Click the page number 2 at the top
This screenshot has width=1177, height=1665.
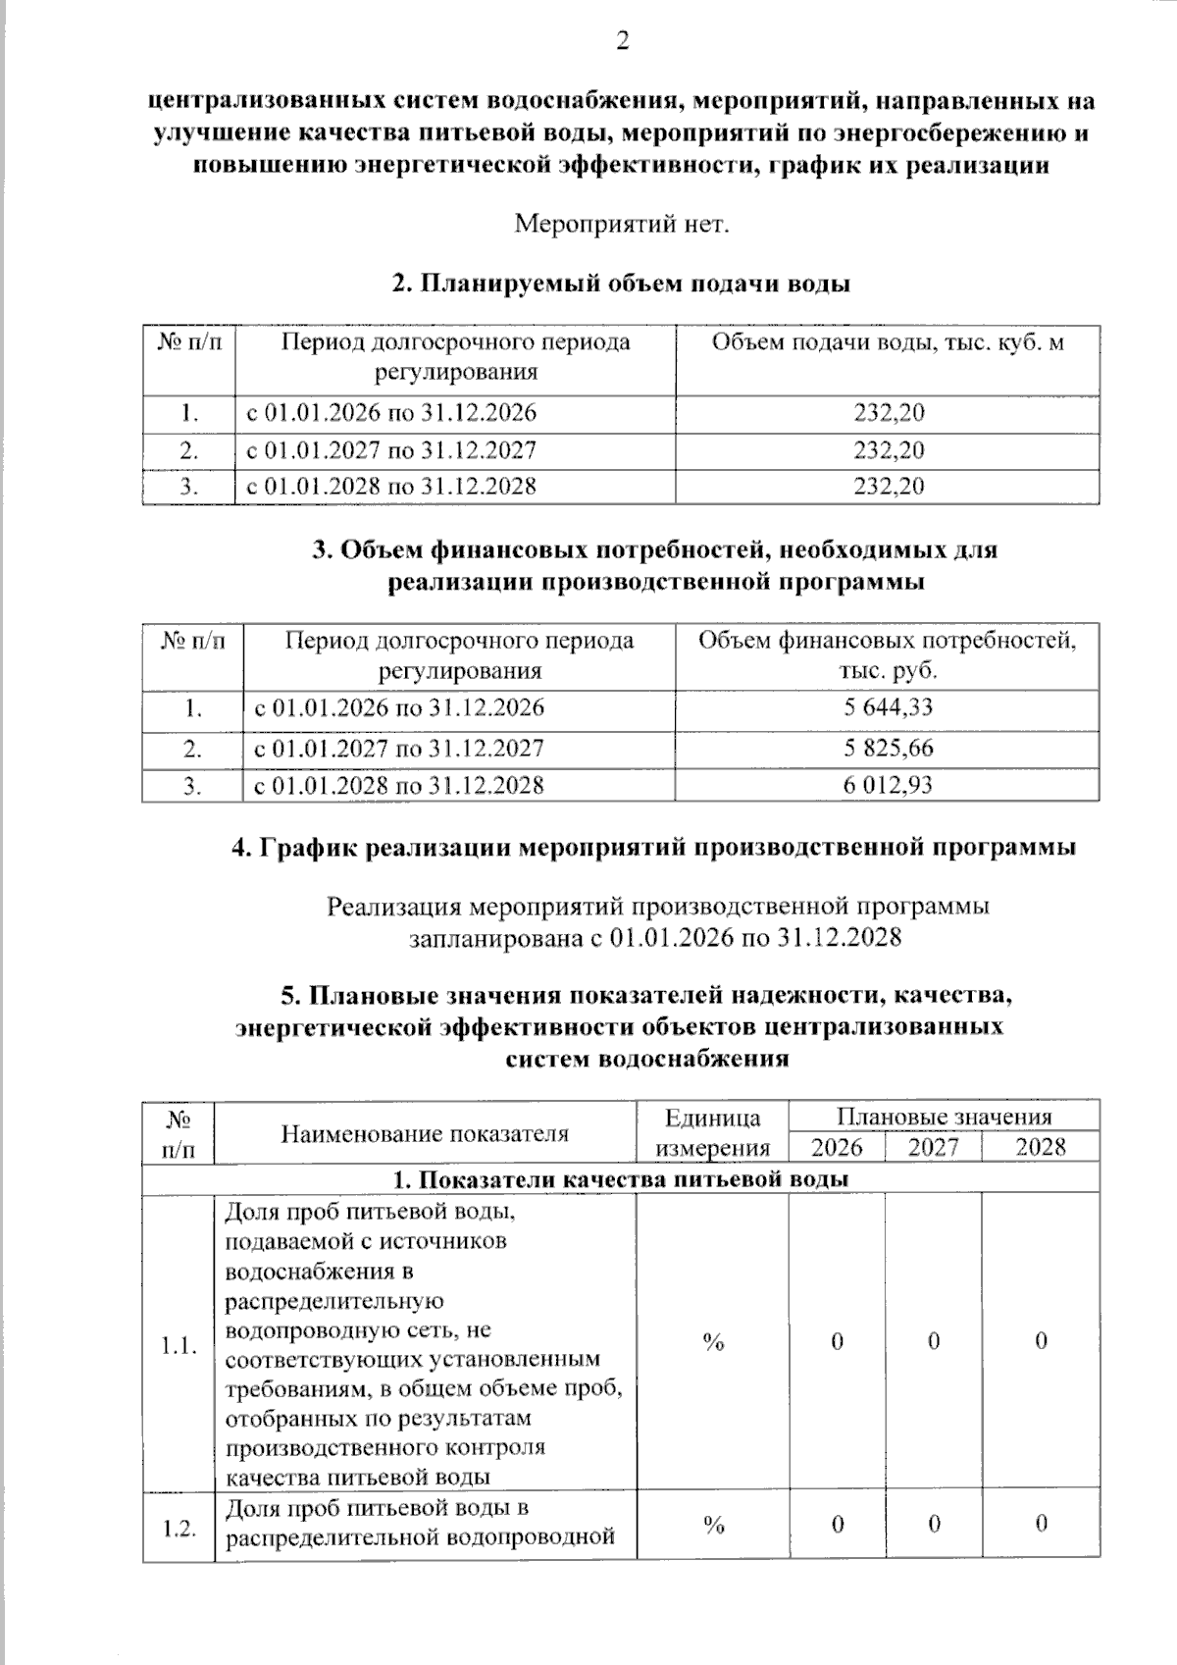click(620, 41)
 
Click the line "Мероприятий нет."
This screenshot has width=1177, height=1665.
click(622, 225)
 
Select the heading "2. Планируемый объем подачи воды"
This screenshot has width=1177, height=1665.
click(620, 285)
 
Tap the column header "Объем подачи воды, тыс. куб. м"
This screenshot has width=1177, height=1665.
click(887, 343)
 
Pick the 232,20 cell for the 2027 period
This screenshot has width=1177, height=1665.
click(888, 450)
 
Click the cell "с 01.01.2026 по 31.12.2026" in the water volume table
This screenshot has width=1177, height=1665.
click(391, 413)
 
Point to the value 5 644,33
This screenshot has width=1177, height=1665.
click(888, 707)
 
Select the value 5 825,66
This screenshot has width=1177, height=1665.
click(888, 749)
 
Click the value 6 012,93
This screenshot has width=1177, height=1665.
click(888, 785)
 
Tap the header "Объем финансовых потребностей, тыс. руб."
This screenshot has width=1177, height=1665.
click(887, 655)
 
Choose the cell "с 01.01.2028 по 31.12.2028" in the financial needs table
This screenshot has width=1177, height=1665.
click(399, 785)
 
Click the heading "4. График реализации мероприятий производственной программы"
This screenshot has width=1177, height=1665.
click(653, 848)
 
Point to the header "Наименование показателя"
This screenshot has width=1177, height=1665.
click(425, 1134)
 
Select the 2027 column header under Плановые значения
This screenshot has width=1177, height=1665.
click(933, 1148)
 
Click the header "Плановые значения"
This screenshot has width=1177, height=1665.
click(944, 1118)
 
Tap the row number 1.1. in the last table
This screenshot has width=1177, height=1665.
click(179, 1344)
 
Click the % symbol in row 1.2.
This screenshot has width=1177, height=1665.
click(713, 1524)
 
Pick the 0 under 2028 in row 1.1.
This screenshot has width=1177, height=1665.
click(1041, 1341)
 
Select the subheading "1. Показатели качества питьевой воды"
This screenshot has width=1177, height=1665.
click(620, 1179)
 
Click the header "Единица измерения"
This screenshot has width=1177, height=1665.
click(713, 1133)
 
